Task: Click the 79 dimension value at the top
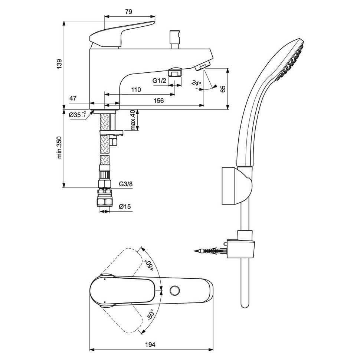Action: pyautogui.click(x=128, y=12)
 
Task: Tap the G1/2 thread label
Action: pyautogui.click(x=158, y=81)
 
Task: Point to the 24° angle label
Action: pyautogui.click(x=196, y=83)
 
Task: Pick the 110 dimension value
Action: pyautogui.click(x=136, y=90)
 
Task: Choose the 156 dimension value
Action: pyautogui.click(x=159, y=101)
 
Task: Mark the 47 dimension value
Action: pyautogui.click(x=73, y=98)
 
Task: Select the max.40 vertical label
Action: pyautogui.click(x=133, y=120)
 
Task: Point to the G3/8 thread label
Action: pyautogui.click(x=125, y=184)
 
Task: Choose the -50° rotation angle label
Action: pyautogui.click(x=150, y=315)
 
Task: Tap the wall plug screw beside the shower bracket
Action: pyautogui.click(x=210, y=251)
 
